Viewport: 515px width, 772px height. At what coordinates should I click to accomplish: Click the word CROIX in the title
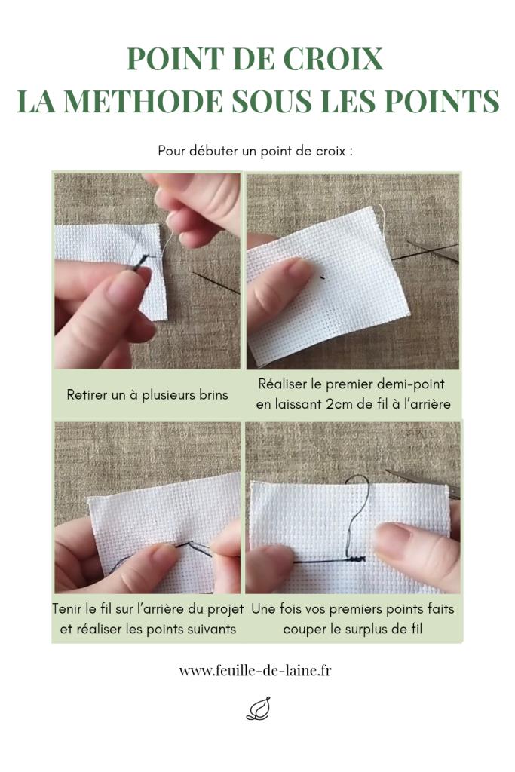334,59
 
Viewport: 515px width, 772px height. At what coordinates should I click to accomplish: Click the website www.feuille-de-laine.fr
255,670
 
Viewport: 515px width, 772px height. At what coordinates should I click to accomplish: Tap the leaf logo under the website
259,709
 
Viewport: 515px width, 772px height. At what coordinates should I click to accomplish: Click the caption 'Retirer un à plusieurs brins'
147,394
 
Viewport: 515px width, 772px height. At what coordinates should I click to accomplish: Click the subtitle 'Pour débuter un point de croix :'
255,151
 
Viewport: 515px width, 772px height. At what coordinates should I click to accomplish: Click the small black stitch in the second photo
322,277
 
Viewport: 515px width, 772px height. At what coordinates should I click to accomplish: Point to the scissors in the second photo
426,250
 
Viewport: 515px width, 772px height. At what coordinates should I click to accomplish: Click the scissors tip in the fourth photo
387,472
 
